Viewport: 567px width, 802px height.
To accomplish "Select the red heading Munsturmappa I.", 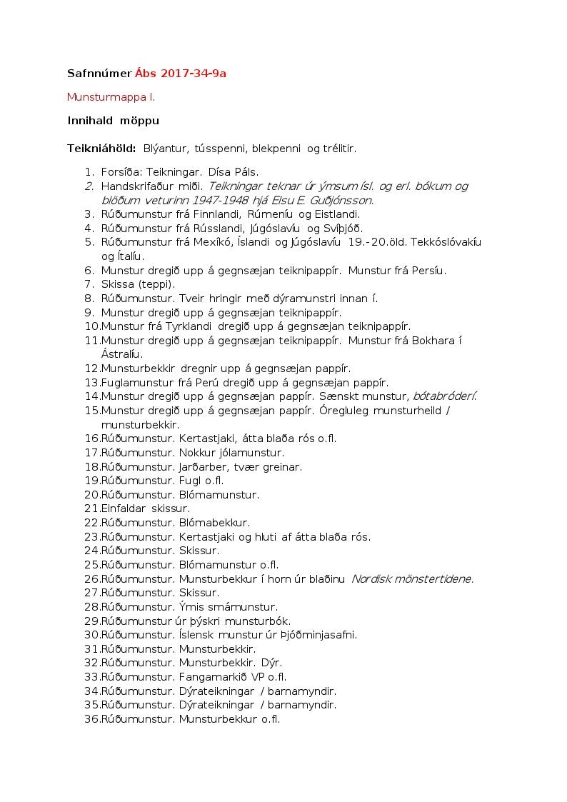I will [111, 96].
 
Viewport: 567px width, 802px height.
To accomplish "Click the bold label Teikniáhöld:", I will [101, 149].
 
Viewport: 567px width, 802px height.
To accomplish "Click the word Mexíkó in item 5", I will [227, 242].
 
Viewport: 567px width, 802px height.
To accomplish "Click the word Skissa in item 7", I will [119, 284].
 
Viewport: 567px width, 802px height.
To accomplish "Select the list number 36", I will [91, 719].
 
